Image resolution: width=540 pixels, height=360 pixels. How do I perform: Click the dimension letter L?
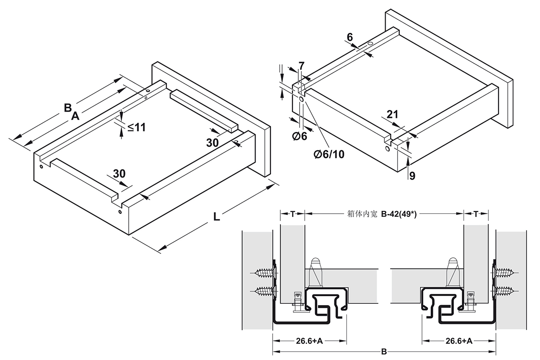[216, 216]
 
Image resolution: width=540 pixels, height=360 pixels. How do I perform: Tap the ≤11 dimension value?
[136, 127]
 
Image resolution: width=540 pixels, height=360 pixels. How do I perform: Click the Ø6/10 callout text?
[329, 154]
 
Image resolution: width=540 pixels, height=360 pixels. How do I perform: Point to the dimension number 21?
[392, 115]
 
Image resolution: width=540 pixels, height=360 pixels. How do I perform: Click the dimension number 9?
[412, 176]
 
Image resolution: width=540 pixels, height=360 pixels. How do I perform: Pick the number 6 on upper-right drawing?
[350, 38]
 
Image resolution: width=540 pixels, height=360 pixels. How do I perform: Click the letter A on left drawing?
[75, 117]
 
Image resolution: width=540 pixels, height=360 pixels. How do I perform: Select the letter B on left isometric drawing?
[67, 108]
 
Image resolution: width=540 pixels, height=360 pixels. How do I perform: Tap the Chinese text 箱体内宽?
[362, 215]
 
